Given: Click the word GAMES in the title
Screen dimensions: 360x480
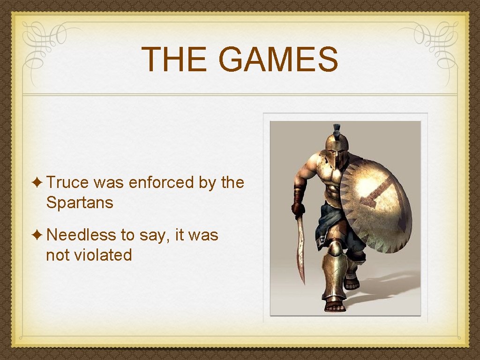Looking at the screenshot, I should point(278,60).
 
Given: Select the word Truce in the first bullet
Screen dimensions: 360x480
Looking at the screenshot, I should point(69,182).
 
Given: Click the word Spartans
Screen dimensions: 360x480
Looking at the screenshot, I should point(80,203).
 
